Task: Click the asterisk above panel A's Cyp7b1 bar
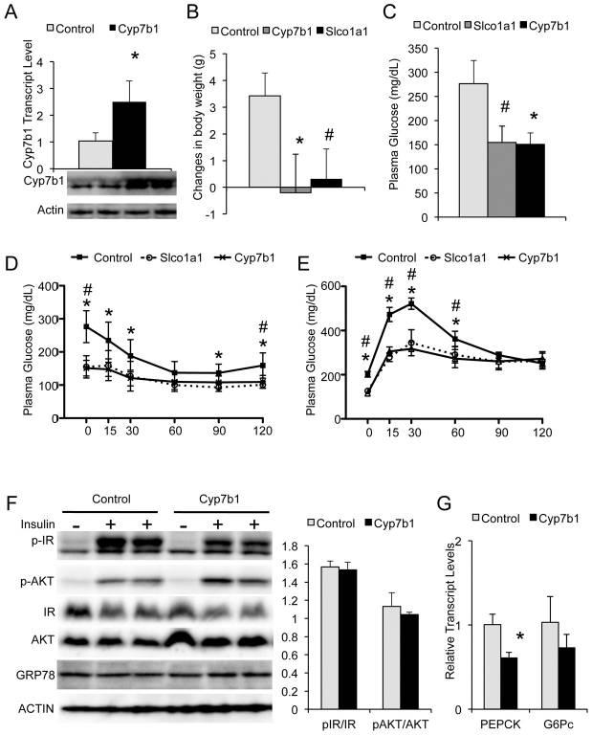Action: (x=135, y=58)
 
